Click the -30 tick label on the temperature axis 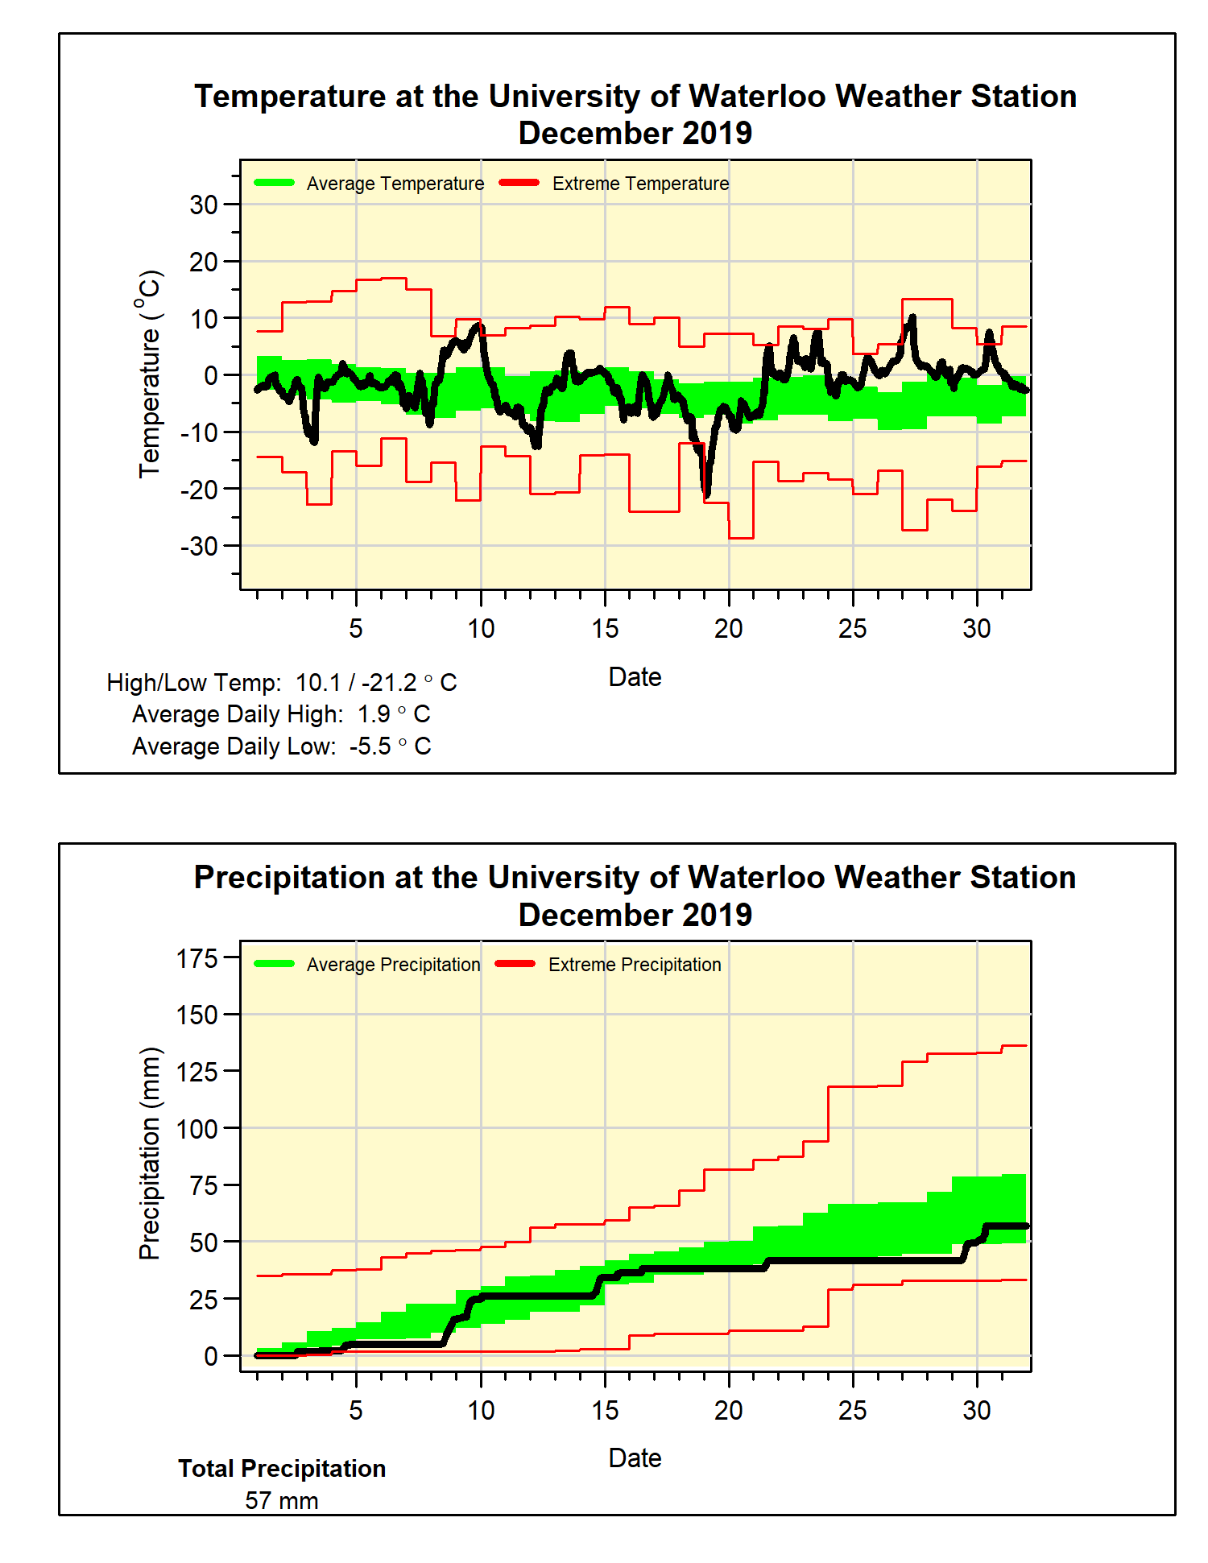(x=199, y=546)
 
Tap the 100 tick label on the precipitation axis (x=197, y=1129)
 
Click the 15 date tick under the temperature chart (x=605, y=629)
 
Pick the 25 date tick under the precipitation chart (x=853, y=1410)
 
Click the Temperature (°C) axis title (x=150, y=374)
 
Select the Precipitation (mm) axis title (x=150, y=1153)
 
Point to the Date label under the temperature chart (x=635, y=677)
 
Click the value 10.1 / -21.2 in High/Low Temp (x=356, y=683)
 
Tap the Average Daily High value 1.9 (x=374, y=714)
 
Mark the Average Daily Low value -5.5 (x=370, y=746)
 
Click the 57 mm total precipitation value (x=282, y=1501)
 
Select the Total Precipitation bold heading (x=282, y=1469)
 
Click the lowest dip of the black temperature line (x=706, y=495)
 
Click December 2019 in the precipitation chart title (x=635, y=915)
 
